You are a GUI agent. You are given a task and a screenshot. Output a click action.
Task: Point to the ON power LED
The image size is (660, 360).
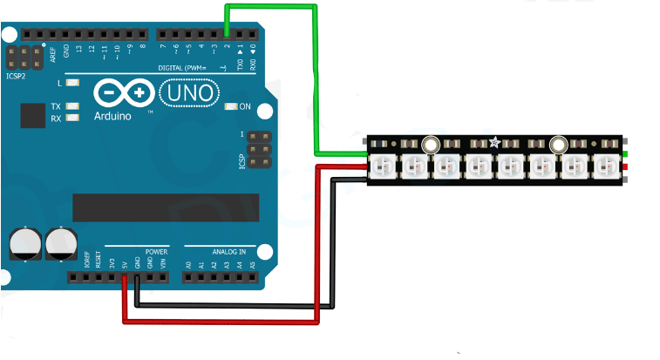tap(231, 106)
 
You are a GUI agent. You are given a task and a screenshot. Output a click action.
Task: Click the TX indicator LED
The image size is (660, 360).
tap(72, 106)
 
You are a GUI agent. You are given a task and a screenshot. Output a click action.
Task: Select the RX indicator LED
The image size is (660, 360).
tap(72, 118)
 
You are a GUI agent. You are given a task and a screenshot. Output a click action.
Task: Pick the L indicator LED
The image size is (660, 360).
tap(72, 84)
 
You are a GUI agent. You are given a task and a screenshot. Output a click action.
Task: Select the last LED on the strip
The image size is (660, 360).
tap(604, 165)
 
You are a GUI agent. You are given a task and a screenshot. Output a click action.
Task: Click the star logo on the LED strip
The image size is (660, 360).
tap(494, 142)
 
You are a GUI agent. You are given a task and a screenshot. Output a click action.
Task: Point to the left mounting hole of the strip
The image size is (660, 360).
tap(430, 146)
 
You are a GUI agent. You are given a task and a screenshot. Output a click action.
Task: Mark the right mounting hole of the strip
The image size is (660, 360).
tap(559, 146)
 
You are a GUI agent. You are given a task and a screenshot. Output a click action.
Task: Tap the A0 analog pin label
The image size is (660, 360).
tap(188, 263)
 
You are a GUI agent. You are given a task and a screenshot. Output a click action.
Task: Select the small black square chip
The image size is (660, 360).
tap(32, 115)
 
